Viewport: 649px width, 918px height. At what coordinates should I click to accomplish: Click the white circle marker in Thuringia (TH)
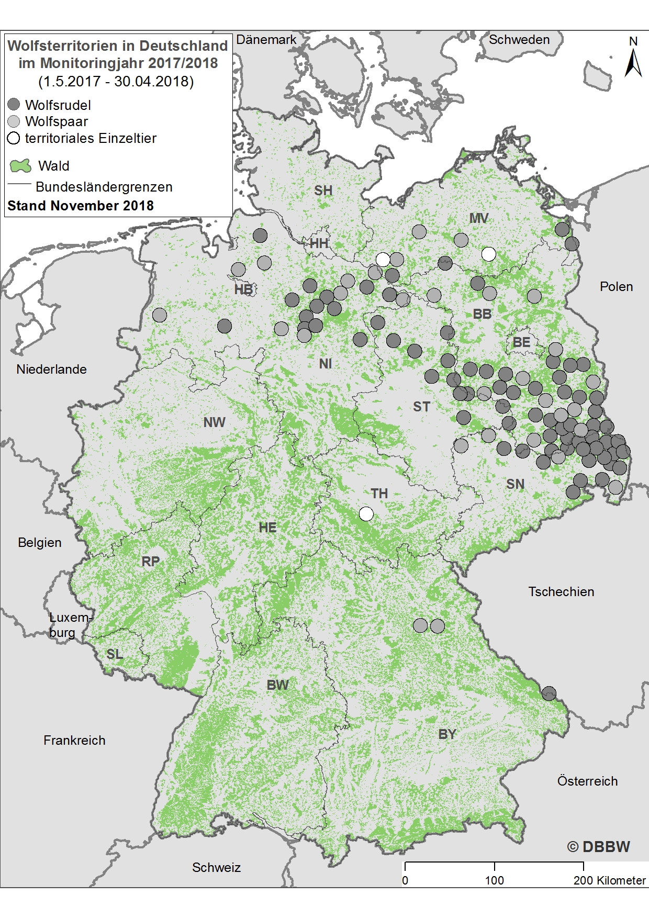(366, 514)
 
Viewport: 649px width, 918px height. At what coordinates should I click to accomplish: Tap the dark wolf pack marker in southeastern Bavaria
(549, 693)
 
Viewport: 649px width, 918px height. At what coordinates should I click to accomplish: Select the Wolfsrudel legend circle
(14, 105)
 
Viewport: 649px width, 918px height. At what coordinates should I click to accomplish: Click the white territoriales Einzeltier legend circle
(14, 138)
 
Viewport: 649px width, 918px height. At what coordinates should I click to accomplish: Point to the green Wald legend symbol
(20, 166)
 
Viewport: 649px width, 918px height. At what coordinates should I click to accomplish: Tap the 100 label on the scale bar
(494, 880)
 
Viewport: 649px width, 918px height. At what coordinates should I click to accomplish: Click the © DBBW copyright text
(598, 847)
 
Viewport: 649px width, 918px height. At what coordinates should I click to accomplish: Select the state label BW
(277, 685)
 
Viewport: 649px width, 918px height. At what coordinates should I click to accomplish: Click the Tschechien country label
(561, 591)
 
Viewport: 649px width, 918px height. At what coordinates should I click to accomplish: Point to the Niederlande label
(51, 369)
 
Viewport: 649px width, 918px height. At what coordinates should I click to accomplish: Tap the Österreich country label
(587, 781)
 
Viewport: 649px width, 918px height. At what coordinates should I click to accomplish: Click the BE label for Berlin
(521, 342)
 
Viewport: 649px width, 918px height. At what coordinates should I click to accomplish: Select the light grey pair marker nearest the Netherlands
(160, 315)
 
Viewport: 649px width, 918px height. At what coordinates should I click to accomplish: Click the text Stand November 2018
(81, 206)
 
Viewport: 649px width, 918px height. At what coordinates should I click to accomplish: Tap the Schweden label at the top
(519, 40)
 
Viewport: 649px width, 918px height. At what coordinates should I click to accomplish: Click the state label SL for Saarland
(115, 654)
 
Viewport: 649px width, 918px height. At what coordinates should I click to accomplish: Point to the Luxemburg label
(70, 624)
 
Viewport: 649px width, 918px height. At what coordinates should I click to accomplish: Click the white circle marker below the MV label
(488, 254)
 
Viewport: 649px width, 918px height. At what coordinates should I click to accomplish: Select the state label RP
(151, 562)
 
